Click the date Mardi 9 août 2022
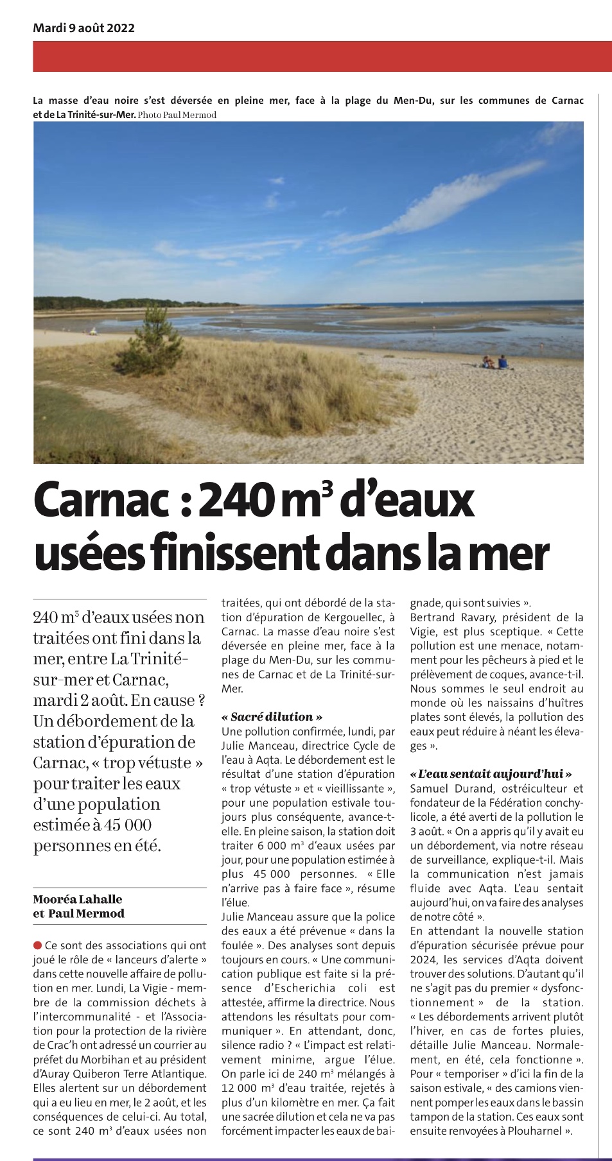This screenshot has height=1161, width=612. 83,28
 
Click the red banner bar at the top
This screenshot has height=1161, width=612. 322,56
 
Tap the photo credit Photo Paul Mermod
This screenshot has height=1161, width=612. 177,115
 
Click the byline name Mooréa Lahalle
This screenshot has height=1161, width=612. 78,899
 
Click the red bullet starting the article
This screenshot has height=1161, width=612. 37,945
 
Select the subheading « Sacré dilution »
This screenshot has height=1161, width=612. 272,717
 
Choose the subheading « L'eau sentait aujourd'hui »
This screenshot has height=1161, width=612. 491,774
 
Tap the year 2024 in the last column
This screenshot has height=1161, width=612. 423,959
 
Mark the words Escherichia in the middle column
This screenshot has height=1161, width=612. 301,988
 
